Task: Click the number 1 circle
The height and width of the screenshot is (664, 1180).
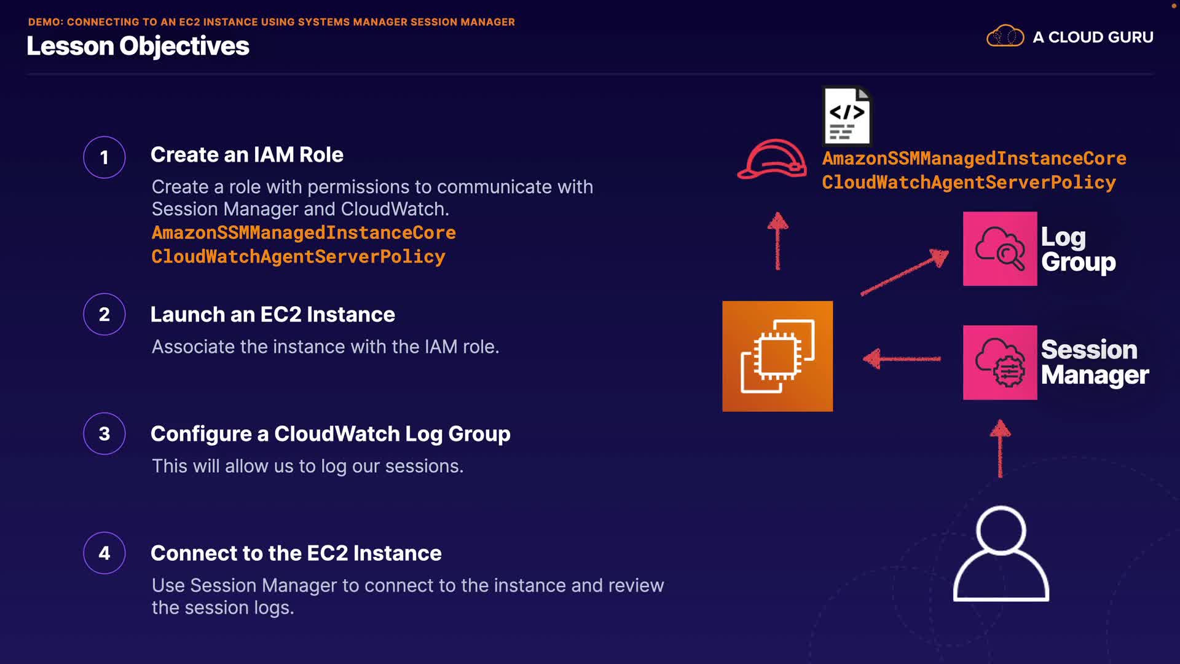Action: tap(104, 157)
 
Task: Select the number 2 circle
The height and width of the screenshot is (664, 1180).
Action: tap(104, 314)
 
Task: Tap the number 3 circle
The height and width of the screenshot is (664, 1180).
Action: tap(104, 433)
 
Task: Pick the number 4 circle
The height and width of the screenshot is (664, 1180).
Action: tap(104, 553)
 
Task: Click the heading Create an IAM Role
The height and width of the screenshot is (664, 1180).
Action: tap(246, 155)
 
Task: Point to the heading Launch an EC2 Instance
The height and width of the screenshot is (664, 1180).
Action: tap(272, 315)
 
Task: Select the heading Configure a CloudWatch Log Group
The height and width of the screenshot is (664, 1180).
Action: tap(330, 434)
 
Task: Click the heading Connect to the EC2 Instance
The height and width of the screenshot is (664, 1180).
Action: tap(296, 553)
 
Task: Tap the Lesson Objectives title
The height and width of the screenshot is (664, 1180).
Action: tap(138, 46)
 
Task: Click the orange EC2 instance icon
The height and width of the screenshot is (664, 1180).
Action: tap(777, 356)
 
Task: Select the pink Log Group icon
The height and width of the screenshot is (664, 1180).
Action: tap(1000, 248)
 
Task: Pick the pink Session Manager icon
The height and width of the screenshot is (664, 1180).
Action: tap(1000, 362)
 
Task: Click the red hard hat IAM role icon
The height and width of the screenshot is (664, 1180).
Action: tap(773, 159)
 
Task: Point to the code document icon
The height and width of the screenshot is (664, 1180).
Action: tap(847, 116)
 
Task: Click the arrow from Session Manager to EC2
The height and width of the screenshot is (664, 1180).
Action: tap(902, 358)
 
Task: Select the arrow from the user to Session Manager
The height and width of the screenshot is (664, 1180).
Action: tap(1000, 448)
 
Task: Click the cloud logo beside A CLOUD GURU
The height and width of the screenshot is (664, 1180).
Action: tap(1005, 36)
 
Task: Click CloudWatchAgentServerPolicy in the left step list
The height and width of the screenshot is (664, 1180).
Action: tap(298, 256)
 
